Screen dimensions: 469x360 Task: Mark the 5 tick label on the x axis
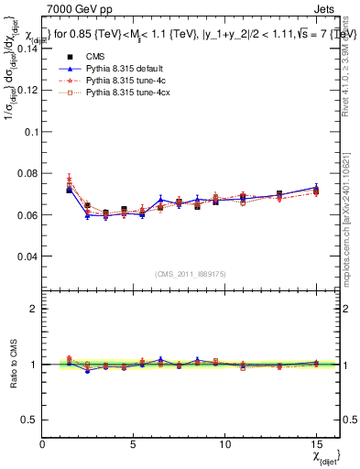[134, 444]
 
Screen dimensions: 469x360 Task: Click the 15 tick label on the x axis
[315, 444]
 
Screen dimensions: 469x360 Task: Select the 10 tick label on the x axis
[224, 444]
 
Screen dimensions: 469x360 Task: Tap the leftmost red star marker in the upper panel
[70, 180]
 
